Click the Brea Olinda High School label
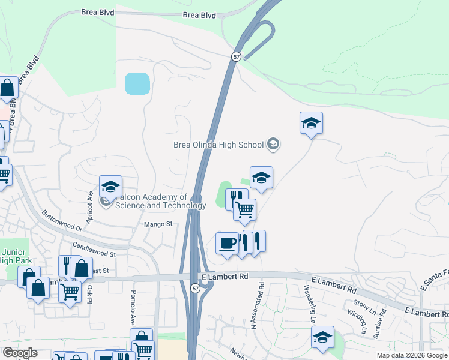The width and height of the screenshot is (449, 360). (x=218, y=145)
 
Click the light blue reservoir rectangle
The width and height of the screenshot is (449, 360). (x=137, y=84)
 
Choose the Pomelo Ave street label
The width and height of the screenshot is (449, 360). (x=134, y=305)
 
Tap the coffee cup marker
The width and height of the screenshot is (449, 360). (x=227, y=244)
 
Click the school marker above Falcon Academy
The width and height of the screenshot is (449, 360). (x=110, y=187)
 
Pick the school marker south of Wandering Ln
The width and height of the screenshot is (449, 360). (x=322, y=338)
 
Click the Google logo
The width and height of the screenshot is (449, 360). (x=20, y=353)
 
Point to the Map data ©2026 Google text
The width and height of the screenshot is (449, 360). (x=412, y=355)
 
